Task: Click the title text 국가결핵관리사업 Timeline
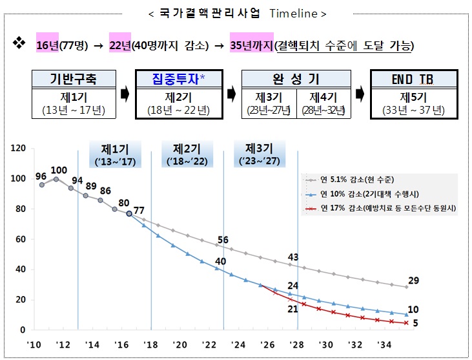[236, 14]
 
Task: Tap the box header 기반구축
[75, 79]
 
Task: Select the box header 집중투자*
[180, 79]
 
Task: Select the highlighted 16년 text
[48, 45]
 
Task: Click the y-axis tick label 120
[17, 149]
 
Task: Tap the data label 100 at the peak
[59, 171]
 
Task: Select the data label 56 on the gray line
[223, 240]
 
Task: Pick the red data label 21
[292, 309]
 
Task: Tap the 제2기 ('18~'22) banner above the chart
[187, 153]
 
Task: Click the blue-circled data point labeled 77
[129, 213]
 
